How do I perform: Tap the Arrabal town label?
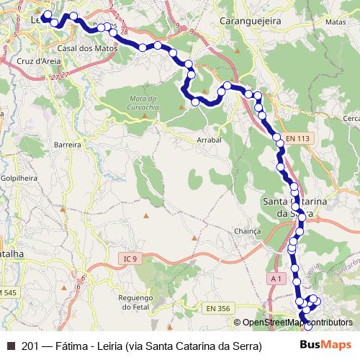click(208, 141)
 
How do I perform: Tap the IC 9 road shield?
click(129, 257)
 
